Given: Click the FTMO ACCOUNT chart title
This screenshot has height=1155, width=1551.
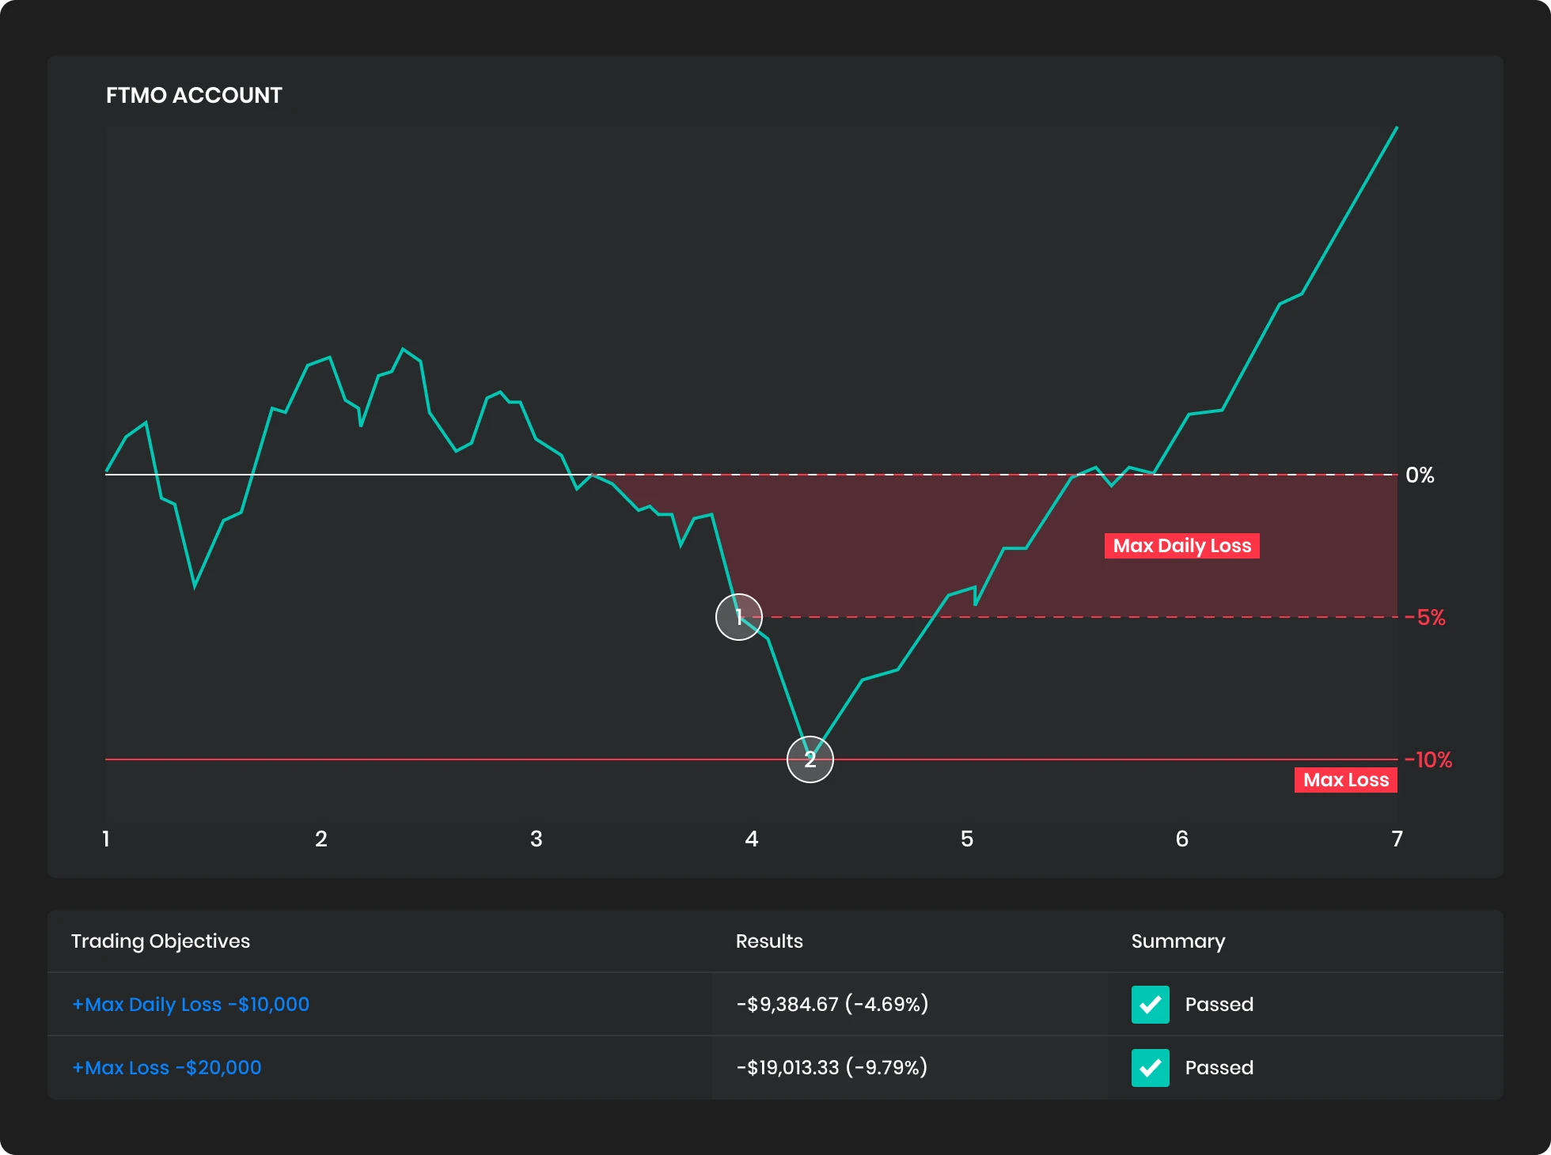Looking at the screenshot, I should tap(194, 96).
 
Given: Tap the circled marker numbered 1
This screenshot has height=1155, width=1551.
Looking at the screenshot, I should tap(739, 617).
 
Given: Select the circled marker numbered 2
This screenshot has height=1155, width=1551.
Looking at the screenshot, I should tap(810, 759).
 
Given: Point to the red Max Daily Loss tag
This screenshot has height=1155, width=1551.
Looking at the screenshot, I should tap(1181, 546).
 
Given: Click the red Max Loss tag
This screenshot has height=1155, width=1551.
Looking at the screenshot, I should tap(1345, 780).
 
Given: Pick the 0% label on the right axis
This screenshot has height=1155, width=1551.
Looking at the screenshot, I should tap(1420, 475).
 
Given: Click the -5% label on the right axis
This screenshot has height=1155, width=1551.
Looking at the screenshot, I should tap(1426, 618).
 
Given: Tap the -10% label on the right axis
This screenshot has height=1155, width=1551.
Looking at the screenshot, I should tap(1429, 760).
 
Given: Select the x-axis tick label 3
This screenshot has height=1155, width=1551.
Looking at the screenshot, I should tap(537, 839).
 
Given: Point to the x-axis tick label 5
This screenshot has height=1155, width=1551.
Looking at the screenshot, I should tap(967, 839).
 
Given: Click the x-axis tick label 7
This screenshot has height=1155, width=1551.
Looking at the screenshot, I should tap(1397, 839).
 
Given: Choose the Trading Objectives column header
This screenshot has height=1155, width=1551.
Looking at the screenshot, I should tap(161, 941).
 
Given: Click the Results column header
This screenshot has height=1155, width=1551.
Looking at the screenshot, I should tap(769, 941).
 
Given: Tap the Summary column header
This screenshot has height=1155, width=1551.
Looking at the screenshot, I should tap(1178, 941).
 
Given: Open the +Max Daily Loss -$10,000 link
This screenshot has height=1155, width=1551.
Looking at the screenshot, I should tap(191, 1005).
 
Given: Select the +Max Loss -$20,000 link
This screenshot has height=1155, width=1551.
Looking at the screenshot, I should tap(167, 1068).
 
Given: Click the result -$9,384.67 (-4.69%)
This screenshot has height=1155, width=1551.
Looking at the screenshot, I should tap(832, 1005).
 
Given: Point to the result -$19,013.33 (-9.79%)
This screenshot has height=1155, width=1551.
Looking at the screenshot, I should tap(832, 1068).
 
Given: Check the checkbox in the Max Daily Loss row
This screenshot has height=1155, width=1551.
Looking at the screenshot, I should tap(1151, 1005).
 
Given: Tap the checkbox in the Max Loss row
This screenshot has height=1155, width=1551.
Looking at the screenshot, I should tap(1151, 1068).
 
